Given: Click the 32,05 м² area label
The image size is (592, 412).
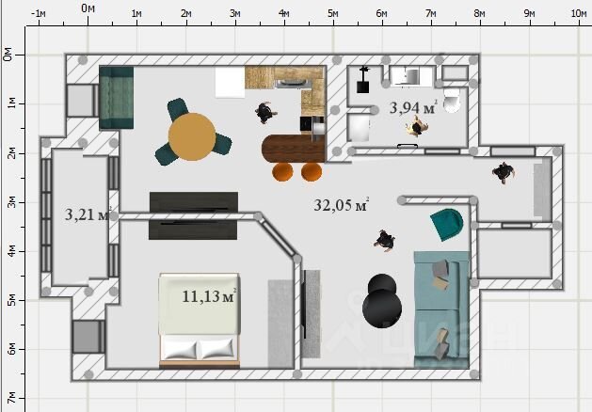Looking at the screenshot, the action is click(x=341, y=205).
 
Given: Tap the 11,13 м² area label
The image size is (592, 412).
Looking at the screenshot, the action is click(x=209, y=295).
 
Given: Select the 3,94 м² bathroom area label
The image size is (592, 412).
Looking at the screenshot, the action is click(x=413, y=107).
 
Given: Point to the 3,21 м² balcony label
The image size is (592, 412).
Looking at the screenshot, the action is click(x=88, y=214).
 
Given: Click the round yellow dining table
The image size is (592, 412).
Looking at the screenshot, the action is click(x=192, y=136).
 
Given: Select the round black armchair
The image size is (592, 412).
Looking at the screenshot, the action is click(x=382, y=301).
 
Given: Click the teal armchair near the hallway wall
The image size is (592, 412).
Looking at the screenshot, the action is click(x=447, y=224).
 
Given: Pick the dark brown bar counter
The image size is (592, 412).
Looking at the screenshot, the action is click(x=294, y=149).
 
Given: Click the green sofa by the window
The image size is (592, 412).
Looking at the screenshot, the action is click(x=117, y=98).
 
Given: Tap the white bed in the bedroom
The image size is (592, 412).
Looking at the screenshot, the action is click(x=200, y=321).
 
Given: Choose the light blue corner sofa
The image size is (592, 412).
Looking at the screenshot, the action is click(x=441, y=309).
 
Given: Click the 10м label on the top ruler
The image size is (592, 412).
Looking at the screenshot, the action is click(x=579, y=13).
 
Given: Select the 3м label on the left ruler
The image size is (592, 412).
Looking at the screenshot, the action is click(x=11, y=202).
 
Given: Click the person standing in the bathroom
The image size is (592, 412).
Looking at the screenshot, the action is click(x=417, y=126).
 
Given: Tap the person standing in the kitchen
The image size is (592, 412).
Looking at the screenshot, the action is click(x=265, y=112).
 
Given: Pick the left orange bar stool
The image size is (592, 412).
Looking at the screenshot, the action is click(x=282, y=171).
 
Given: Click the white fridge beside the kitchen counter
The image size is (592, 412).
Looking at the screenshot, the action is click(x=230, y=82).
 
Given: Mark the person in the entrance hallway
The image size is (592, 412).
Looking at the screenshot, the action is click(x=504, y=172).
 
